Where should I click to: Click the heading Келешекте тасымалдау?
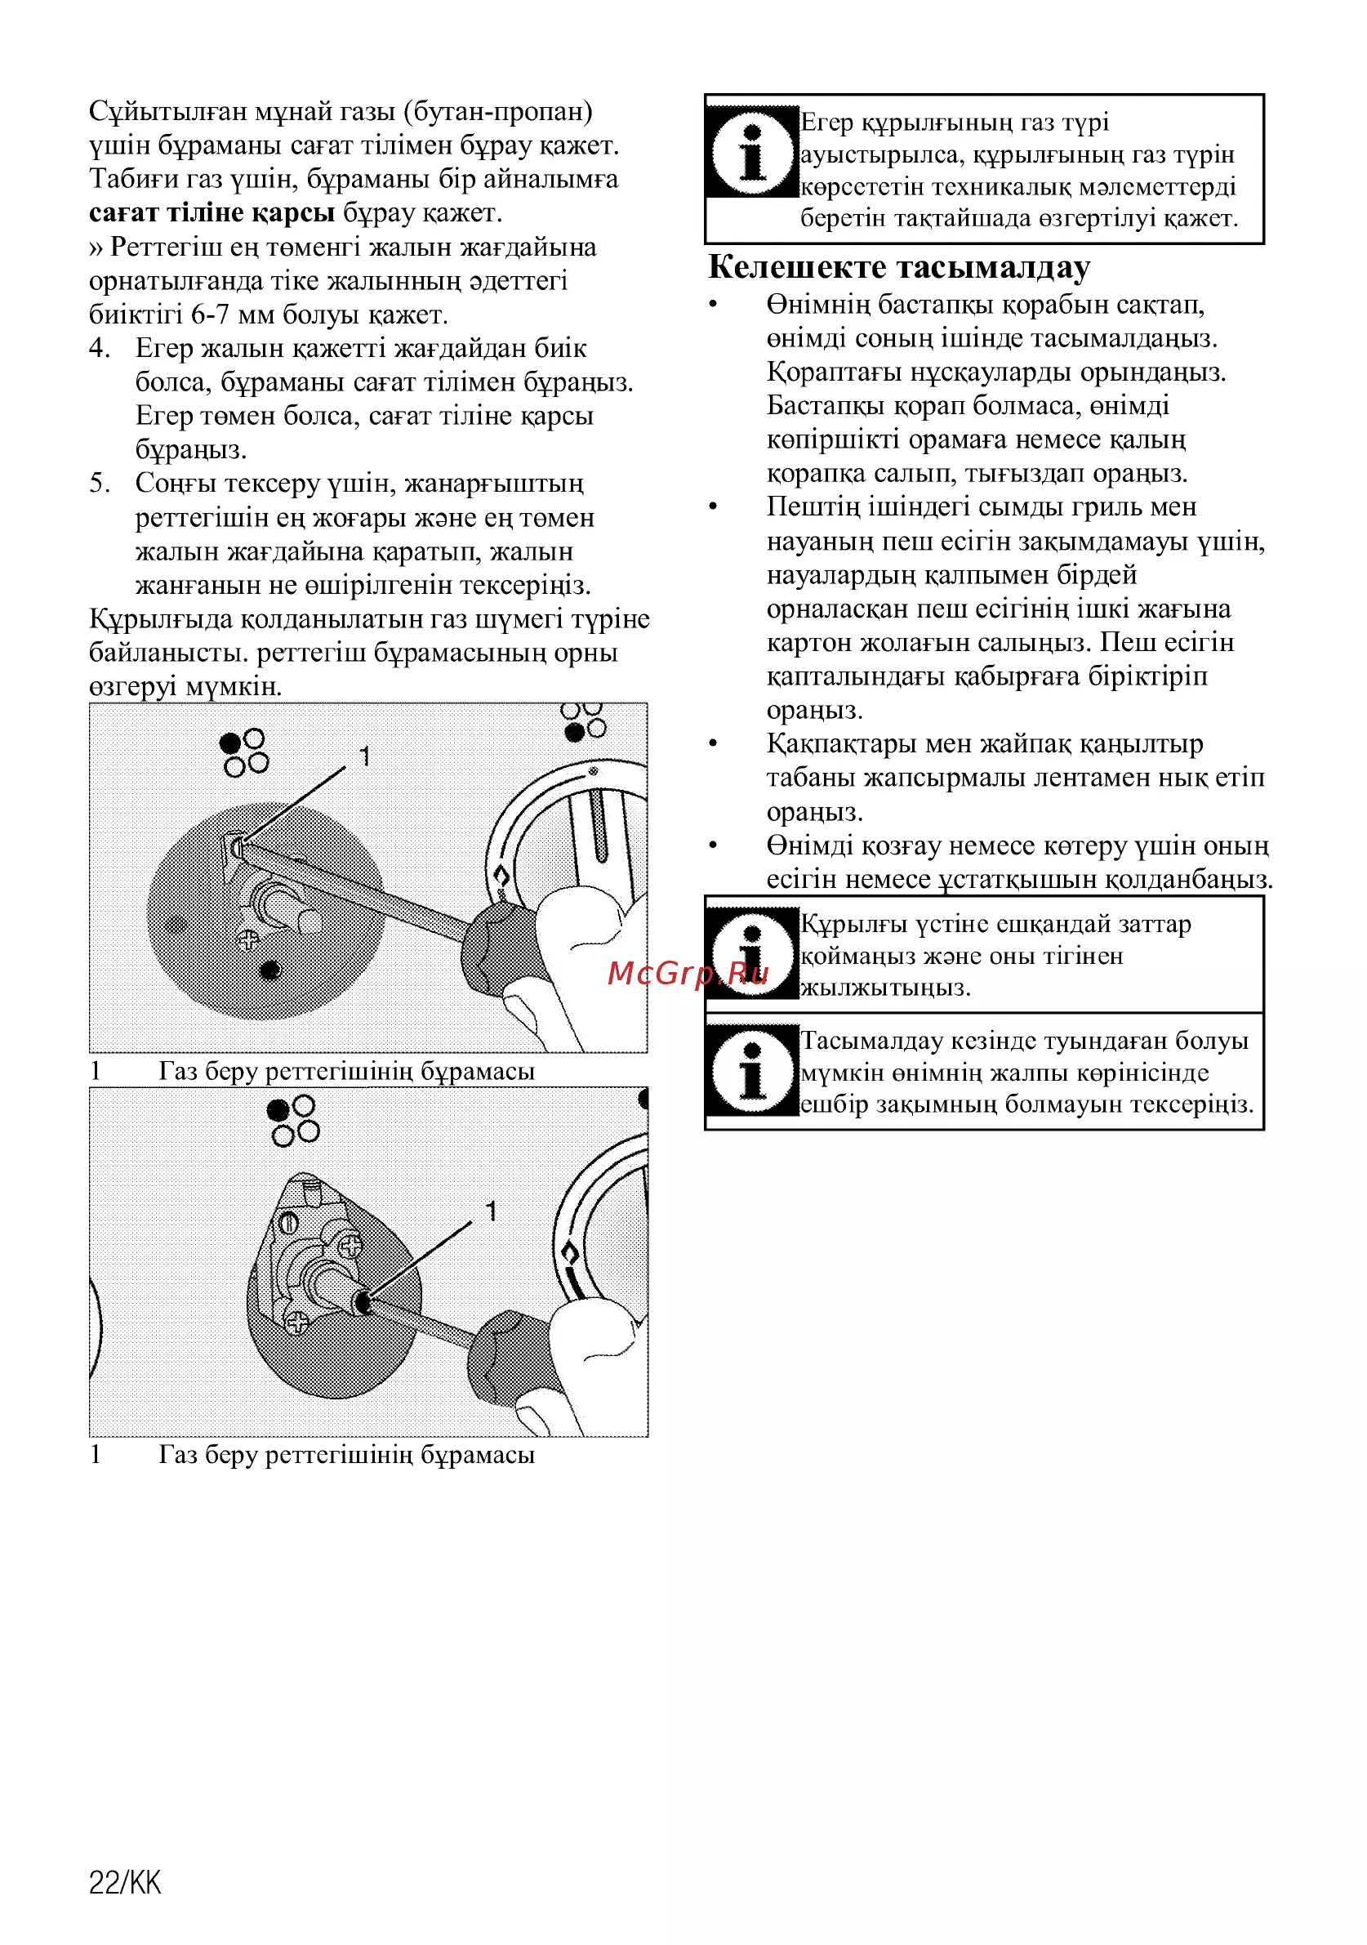[x=898, y=267]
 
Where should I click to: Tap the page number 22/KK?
[x=124, y=1883]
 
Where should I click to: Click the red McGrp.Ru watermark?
[x=688, y=974]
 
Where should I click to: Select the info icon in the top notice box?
[x=752, y=153]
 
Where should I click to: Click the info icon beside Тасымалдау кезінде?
[x=752, y=1071]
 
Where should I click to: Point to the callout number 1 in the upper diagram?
[x=364, y=756]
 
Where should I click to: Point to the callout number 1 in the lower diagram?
[x=491, y=1211]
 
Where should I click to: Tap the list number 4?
[x=99, y=348]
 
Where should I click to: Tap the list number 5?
[x=99, y=484]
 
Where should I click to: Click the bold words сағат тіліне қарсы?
[x=212, y=212]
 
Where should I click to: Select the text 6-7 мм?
[x=233, y=315]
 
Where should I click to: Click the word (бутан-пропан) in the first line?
[x=498, y=112]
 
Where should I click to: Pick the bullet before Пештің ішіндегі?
[x=713, y=507]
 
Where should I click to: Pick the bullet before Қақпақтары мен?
[x=713, y=745]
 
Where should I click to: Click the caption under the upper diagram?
[x=312, y=1072]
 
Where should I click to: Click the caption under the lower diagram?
[x=312, y=1456]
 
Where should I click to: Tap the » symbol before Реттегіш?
[x=96, y=248]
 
